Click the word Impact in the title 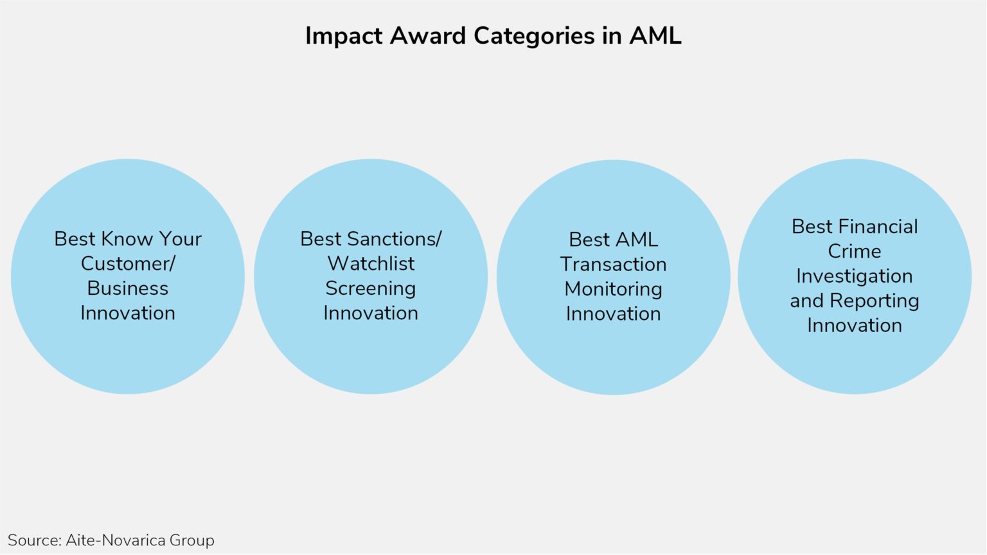pyautogui.click(x=343, y=36)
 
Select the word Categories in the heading pyautogui.click(x=534, y=36)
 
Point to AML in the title pyautogui.click(x=655, y=36)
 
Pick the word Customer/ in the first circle pyautogui.click(x=128, y=263)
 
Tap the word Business pyautogui.click(x=128, y=288)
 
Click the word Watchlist pyautogui.click(x=371, y=263)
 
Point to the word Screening pyautogui.click(x=371, y=288)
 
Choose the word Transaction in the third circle pyautogui.click(x=613, y=264)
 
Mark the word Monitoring pyautogui.click(x=613, y=289)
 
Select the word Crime pyautogui.click(x=854, y=251)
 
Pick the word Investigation pyautogui.click(x=854, y=276)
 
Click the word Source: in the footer pyautogui.click(x=34, y=540)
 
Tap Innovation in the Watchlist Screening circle pyautogui.click(x=371, y=313)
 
